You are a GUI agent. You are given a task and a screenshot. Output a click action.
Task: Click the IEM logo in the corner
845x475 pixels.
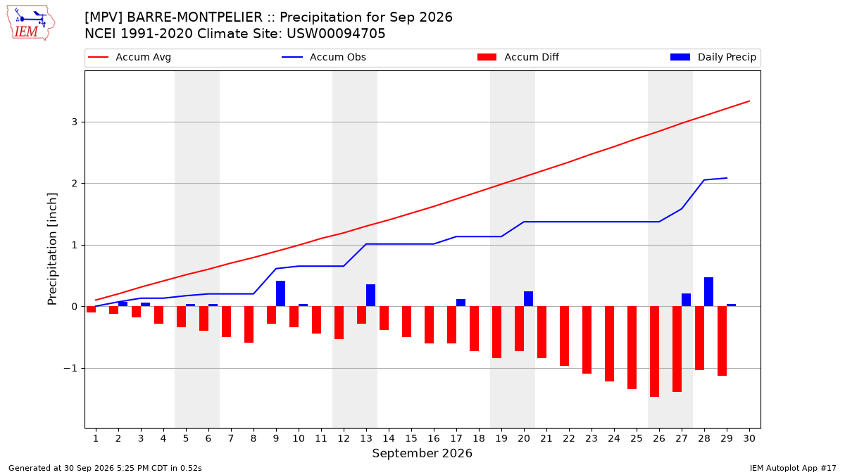pyautogui.click(x=31, y=23)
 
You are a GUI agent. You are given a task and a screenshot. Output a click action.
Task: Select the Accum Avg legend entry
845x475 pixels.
pyautogui.click(x=130, y=57)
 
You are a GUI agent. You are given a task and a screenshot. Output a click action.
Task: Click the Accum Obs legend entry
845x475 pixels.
pyautogui.click(x=324, y=57)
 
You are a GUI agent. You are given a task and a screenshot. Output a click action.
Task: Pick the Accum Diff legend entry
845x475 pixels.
pyautogui.click(x=518, y=57)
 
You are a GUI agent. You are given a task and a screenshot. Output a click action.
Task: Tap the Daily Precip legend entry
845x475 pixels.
pyautogui.click(x=713, y=57)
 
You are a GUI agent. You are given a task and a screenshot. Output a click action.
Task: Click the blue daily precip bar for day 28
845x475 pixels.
pyautogui.click(x=708, y=292)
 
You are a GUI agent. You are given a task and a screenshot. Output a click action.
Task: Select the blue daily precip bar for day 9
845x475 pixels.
pyautogui.click(x=280, y=293)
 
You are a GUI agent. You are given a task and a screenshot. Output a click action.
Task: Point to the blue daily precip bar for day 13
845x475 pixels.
pyautogui.click(x=370, y=295)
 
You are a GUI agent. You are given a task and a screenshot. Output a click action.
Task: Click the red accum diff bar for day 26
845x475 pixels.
pyautogui.click(x=654, y=351)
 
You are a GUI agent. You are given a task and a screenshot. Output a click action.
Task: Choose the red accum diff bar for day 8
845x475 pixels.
pyautogui.click(x=249, y=324)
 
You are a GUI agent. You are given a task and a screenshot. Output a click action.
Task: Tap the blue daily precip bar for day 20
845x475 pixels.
pyautogui.click(x=528, y=299)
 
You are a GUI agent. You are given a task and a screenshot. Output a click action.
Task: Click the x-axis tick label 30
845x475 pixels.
pyautogui.click(x=749, y=438)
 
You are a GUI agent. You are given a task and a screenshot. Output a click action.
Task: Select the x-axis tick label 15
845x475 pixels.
pyautogui.click(x=411, y=438)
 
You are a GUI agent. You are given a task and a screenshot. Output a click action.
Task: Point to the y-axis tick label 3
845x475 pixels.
pyautogui.click(x=75, y=122)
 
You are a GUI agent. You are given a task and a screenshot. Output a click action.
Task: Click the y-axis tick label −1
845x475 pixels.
pyautogui.click(x=70, y=368)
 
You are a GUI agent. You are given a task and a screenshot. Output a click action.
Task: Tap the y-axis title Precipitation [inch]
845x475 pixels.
pyautogui.click(x=52, y=249)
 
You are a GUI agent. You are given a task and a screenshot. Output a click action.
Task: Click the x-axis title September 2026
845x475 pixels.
pyautogui.click(x=422, y=453)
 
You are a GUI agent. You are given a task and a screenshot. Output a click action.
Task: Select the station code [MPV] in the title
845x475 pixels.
pyautogui.click(x=104, y=18)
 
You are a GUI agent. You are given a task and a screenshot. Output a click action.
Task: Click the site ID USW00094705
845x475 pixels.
pyautogui.click(x=336, y=34)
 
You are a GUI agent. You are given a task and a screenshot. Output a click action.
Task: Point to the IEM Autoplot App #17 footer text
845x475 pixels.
pyautogui.click(x=793, y=468)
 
